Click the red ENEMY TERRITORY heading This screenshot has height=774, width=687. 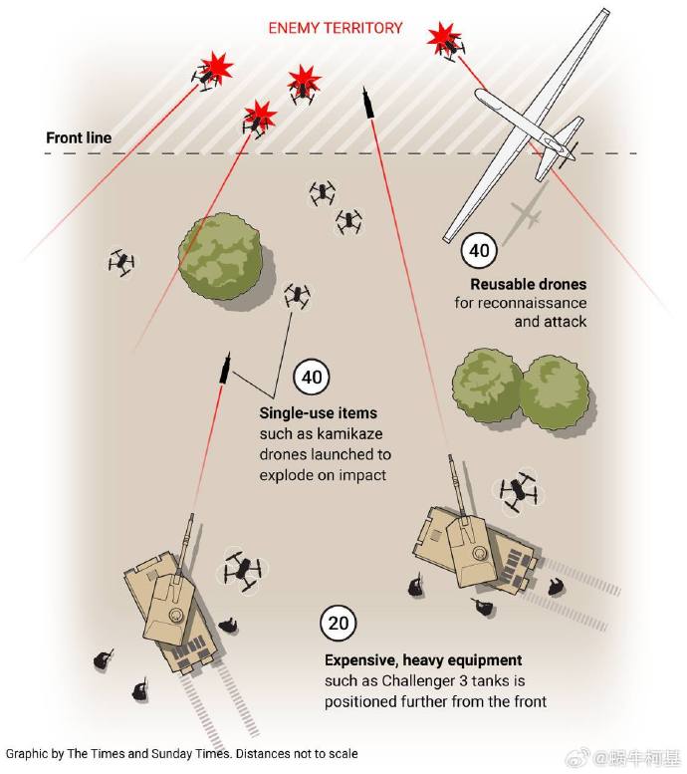click(336, 27)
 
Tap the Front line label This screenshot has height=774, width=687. click(79, 137)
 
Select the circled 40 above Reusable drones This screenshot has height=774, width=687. click(479, 250)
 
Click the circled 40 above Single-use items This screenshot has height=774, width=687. click(312, 379)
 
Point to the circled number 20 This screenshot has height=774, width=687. click(338, 625)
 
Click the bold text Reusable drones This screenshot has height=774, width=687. click(529, 285)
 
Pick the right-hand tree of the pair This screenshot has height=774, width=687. click(555, 393)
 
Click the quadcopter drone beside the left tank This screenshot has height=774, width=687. click(241, 571)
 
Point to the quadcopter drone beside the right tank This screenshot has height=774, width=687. click(517, 492)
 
